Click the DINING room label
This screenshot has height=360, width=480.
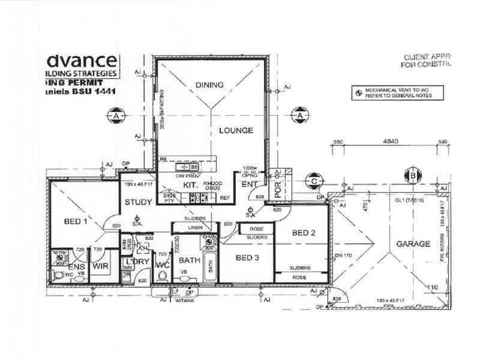tap(209, 85)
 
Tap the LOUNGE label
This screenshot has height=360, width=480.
tap(235, 130)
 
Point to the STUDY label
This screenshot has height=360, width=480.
tap(138, 202)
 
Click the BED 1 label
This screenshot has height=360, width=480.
tap(76, 221)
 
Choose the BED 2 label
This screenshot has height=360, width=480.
tap(304, 233)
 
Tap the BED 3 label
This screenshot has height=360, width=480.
tap(247, 258)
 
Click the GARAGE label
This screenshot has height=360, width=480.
tap(413, 244)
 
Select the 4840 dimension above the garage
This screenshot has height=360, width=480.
tap(391, 142)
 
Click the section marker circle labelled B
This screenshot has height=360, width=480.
tap(413, 175)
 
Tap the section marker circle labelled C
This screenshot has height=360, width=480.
tap(313, 179)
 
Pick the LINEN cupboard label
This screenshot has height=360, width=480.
tap(195, 228)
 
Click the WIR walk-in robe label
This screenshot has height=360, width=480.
tap(100, 265)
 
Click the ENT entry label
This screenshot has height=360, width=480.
tap(249, 185)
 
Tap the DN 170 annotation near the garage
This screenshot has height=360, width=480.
tap(343, 255)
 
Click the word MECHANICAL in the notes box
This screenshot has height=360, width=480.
tap(382, 89)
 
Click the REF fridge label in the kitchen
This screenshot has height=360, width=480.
tap(225, 197)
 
